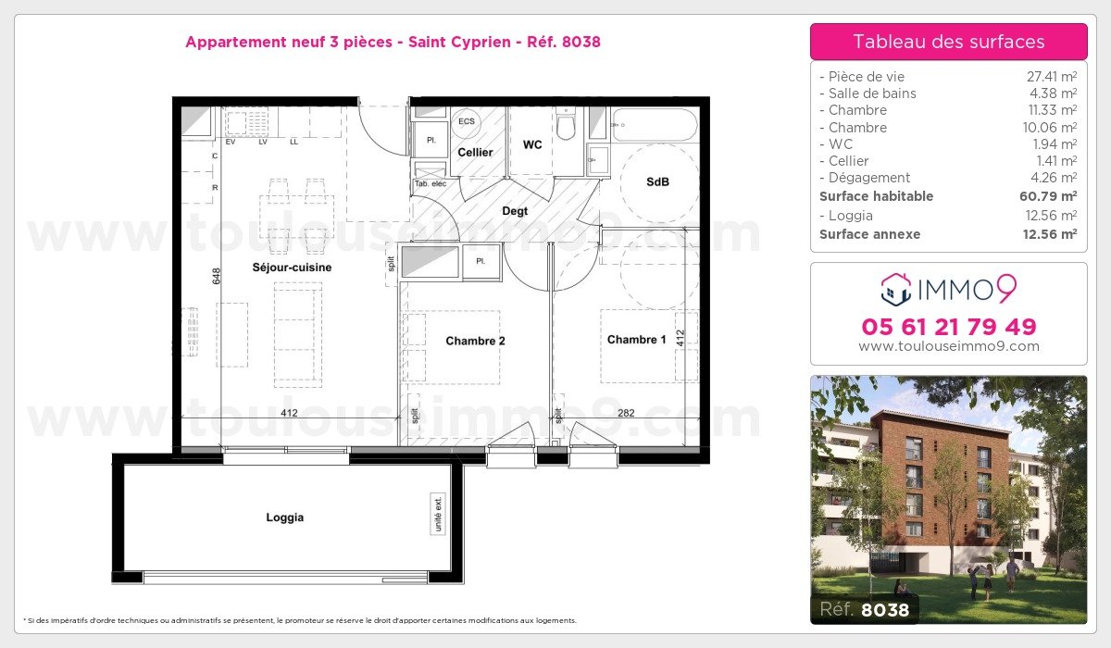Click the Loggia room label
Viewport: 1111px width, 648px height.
[x=284, y=517]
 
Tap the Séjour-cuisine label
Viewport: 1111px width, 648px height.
[x=292, y=268]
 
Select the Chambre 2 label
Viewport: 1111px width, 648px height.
[x=475, y=341]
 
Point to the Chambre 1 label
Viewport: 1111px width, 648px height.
[x=636, y=340]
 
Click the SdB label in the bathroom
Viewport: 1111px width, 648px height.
[x=657, y=182]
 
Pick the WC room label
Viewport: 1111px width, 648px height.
[x=532, y=144]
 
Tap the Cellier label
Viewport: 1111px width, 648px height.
[x=475, y=152]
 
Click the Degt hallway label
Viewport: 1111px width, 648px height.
[x=515, y=211]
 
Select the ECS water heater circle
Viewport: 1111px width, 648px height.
[x=466, y=122]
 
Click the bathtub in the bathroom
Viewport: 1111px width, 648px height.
[x=654, y=125]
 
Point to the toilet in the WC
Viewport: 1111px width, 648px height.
[x=567, y=125]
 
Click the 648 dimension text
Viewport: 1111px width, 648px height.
[x=216, y=276]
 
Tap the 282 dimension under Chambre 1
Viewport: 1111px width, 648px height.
[x=626, y=413]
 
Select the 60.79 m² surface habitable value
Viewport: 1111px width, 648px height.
[x=1054, y=196]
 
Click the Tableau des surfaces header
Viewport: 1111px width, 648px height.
[x=948, y=42]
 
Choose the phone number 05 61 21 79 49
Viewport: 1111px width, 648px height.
[x=948, y=327]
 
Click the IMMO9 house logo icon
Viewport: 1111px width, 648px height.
[x=894, y=290]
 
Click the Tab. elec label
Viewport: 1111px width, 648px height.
[x=430, y=183]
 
